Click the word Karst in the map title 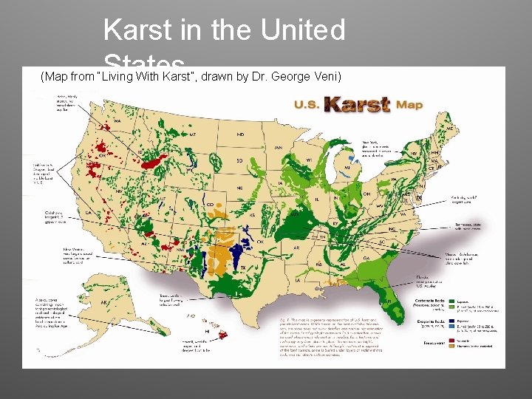click(x=358, y=104)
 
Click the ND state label click(x=241, y=134)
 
